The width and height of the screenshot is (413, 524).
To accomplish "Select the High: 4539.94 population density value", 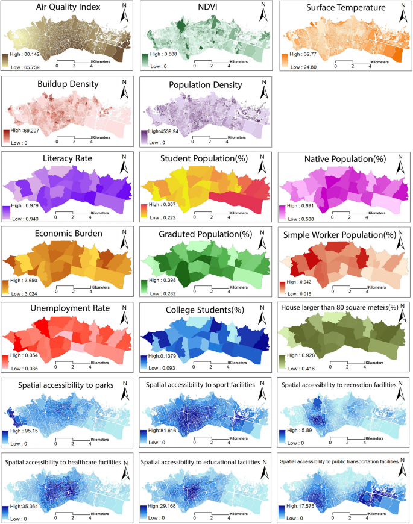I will click(x=165, y=130).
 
